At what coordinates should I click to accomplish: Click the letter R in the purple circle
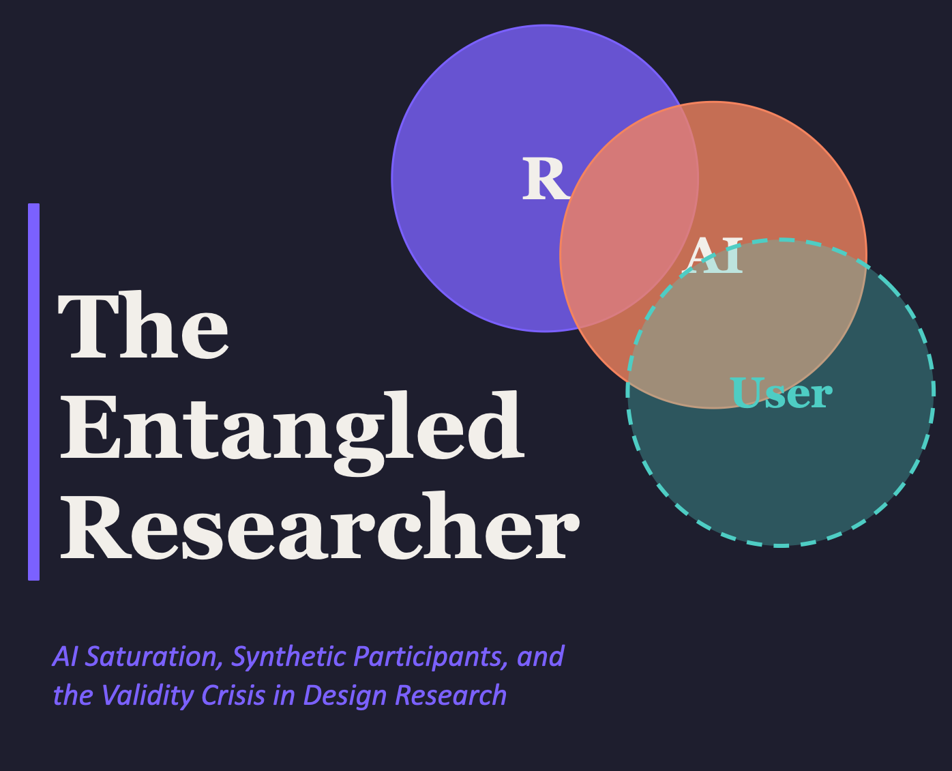544,179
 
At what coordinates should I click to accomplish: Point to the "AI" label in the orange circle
712,255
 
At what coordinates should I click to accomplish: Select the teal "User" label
781,394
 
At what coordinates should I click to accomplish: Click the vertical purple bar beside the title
33,392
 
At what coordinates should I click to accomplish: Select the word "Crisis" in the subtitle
231,695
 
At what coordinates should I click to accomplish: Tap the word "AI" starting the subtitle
65,656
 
